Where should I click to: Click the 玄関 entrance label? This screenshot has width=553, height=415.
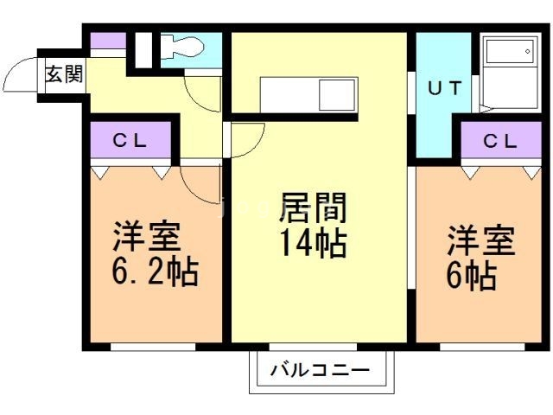click(64, 75)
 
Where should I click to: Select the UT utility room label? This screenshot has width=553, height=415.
click(442, 87)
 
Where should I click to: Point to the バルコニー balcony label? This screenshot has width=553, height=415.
click(319, 371)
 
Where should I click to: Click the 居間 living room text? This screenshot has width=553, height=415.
click(312, 210)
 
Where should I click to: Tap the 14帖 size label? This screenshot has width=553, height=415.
click(312, 245)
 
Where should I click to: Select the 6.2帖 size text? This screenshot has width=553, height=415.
click(155, 273)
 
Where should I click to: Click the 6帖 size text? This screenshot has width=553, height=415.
click(471, 276)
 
